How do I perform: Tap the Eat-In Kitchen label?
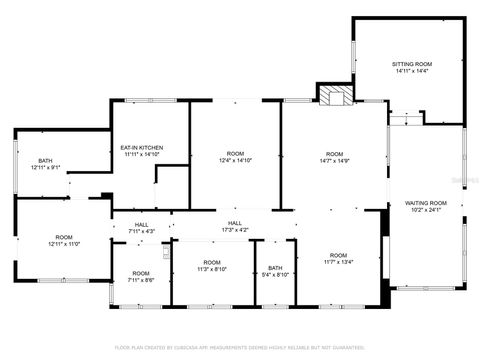[x=142, y=148]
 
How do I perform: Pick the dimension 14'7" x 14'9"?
[x=333, y=160]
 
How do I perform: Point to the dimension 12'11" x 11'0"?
[x=62, y=245]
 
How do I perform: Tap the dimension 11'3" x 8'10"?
[x=211, y=269]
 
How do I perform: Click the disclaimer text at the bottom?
[x=240, y=347]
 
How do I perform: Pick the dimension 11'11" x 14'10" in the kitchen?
[x=142, y=155]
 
